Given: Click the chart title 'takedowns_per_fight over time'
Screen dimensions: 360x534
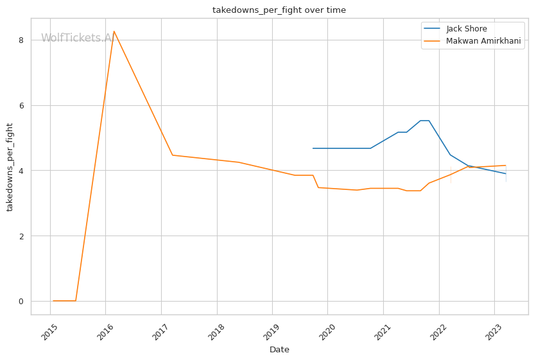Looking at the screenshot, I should [279, 10].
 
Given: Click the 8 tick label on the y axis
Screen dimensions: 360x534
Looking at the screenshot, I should [21, 40].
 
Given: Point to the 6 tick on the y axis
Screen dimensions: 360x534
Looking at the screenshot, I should [21, 105].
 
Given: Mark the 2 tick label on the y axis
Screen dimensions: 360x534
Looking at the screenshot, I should [21, 236].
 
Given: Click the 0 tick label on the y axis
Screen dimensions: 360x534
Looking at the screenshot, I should [21, 301].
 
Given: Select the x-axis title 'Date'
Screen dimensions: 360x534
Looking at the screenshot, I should [279, 350].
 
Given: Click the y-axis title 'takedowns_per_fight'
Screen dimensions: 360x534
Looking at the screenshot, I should [10, 167].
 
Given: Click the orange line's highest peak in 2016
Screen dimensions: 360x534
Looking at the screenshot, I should [114, 31].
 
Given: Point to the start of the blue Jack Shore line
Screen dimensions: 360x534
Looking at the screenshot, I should [313, 148].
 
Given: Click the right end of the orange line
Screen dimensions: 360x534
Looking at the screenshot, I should [506, 166].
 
